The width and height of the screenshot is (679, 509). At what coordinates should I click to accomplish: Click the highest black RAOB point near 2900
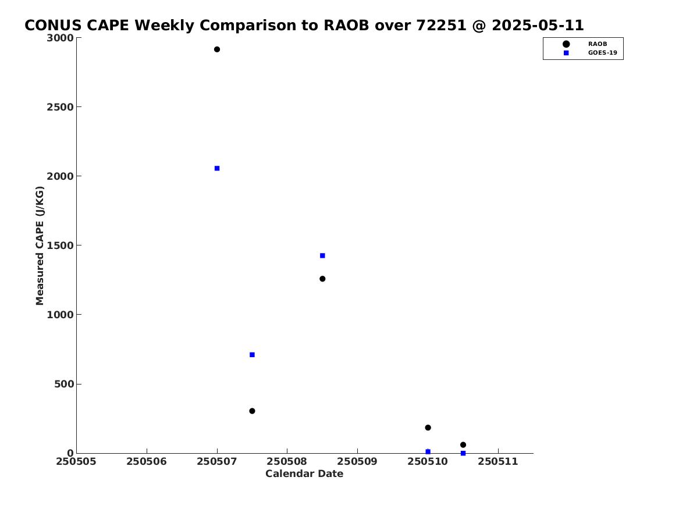click(x=217, y=49)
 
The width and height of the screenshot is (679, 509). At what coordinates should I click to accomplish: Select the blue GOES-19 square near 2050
click(x=217, y=168)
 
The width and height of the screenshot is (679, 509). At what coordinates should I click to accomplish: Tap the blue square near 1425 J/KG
click(x=322, y=256)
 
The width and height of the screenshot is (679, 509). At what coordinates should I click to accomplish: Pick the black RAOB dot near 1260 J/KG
click(x=322, y=279)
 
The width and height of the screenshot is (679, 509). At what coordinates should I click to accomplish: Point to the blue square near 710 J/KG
click(x=252, y=355)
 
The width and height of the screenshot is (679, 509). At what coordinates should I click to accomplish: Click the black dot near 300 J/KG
click(x=252, y=411)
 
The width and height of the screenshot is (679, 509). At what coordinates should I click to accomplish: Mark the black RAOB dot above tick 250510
click(x=428, y=428)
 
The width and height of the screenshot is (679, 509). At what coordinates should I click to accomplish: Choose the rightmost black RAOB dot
click(x=463, y=445)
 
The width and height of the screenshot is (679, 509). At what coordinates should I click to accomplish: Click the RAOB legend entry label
click(x=597, y=44)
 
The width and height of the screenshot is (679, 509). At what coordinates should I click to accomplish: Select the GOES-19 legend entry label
click(x=602, y=53)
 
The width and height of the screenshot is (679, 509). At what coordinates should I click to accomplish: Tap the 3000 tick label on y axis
click(x=60, y=38)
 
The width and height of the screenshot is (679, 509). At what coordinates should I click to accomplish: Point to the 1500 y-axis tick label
click(x=60, y=245)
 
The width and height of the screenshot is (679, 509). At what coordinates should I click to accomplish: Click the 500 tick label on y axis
click(x=64, y=384)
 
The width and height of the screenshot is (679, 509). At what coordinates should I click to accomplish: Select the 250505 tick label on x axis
click(x=76, y=462)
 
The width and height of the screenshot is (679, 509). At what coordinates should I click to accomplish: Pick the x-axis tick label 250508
click(x=287, y=462)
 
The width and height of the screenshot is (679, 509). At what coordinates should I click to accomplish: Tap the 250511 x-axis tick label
click(x=498, y=462)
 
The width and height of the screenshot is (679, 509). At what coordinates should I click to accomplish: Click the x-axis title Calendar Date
click(x=304, y=474)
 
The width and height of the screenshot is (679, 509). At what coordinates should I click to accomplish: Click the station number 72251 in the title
click(x=441, y=26)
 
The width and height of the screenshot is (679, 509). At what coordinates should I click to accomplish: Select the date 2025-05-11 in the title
click(x=538, y=26)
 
